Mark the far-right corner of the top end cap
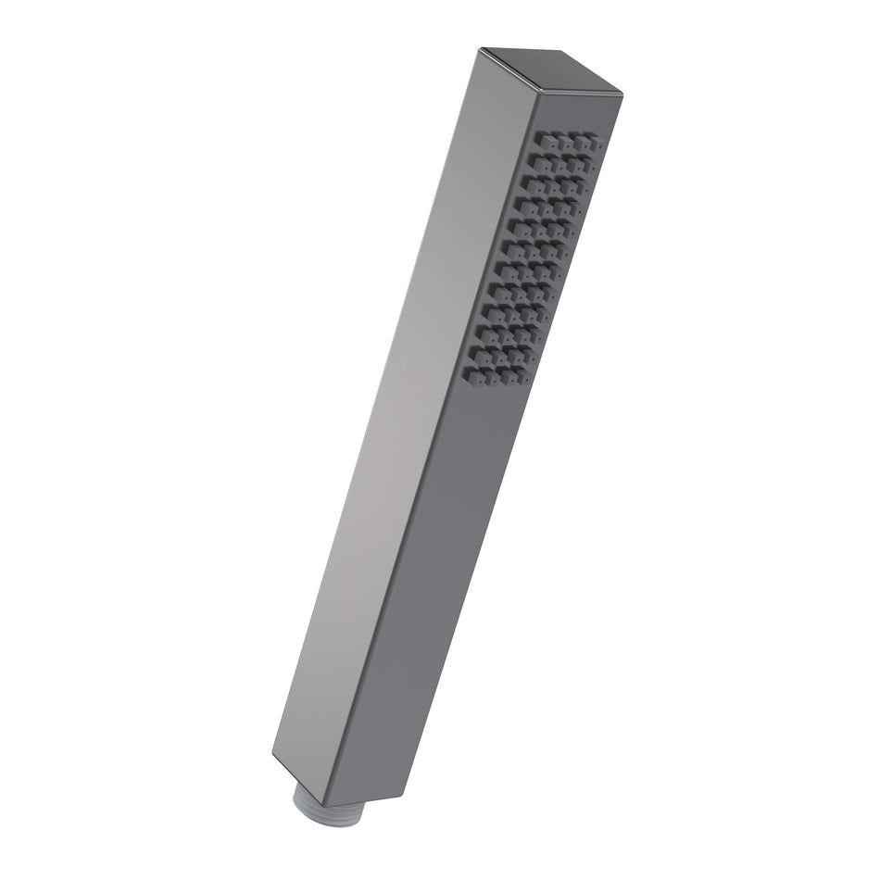click(x=622, y=93)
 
